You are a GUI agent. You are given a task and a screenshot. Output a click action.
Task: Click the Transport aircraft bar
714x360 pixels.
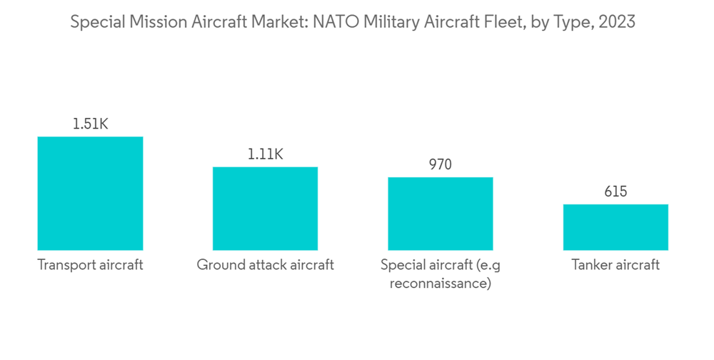coord(90,193)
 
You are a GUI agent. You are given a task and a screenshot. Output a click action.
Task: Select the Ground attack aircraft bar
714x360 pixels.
coord(265,208)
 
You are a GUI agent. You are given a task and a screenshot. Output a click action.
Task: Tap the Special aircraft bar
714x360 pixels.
coord(440,213)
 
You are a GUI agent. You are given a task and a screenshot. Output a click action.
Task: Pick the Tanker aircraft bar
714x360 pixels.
coord(615,226)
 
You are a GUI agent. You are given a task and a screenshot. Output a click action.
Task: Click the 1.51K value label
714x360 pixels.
coord(90,124)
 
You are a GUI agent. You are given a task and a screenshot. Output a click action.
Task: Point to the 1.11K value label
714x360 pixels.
coord(265,154)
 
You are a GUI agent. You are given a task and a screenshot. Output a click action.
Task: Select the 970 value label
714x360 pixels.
coord(440,164)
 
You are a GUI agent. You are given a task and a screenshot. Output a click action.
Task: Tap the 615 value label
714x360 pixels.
coord(615,191)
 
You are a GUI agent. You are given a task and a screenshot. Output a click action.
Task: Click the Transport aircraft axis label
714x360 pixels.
coord(90,265)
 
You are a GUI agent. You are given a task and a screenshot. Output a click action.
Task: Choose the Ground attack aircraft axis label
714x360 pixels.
coord(265,265)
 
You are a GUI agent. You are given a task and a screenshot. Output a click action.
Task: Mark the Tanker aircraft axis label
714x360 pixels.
coord(615,265)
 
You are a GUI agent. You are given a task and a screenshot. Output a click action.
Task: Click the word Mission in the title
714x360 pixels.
coord(153,22)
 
